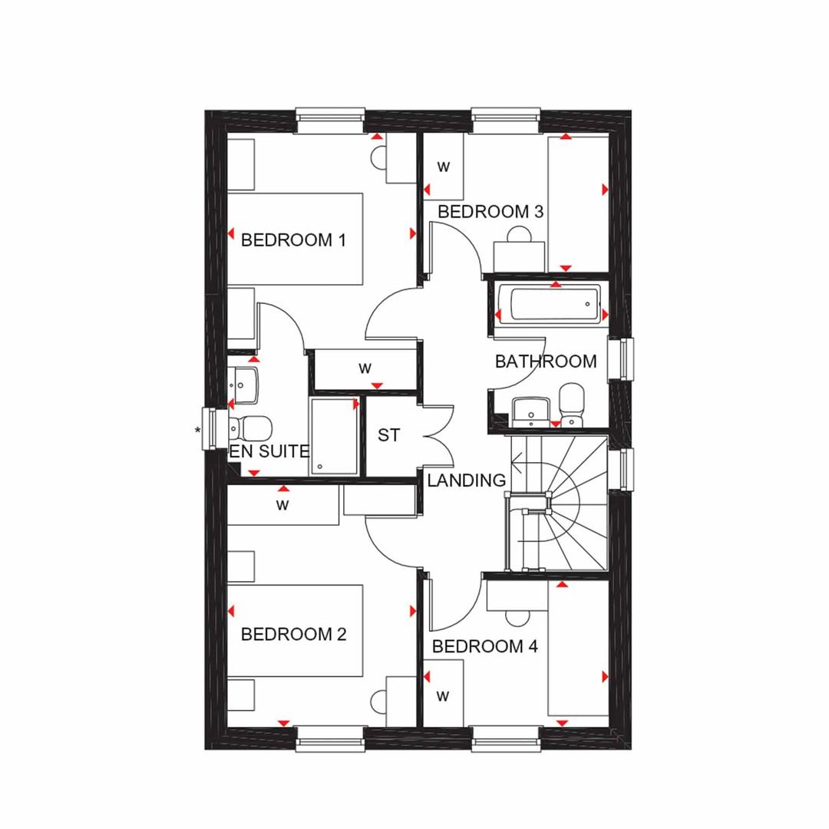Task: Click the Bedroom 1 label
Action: click(293, 240)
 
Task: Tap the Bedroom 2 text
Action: click(293, 634)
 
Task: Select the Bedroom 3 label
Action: click(490, 212)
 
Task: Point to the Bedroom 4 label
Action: click(485, 646)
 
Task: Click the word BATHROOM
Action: click(547, 362)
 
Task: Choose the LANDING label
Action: click(467, 480)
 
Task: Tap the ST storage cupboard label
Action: click(388, 435)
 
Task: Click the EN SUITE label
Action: click(269, 451)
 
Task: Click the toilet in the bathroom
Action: click(571, 405)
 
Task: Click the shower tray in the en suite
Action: click(334, 438)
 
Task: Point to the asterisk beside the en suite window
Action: click(198, 431)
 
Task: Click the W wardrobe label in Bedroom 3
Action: click(443, 167)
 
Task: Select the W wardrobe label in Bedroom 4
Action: click(443, 695)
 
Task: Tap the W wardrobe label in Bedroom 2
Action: click(282, 505)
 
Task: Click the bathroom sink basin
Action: click(530, 411)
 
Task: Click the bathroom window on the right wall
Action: click(621, 358)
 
